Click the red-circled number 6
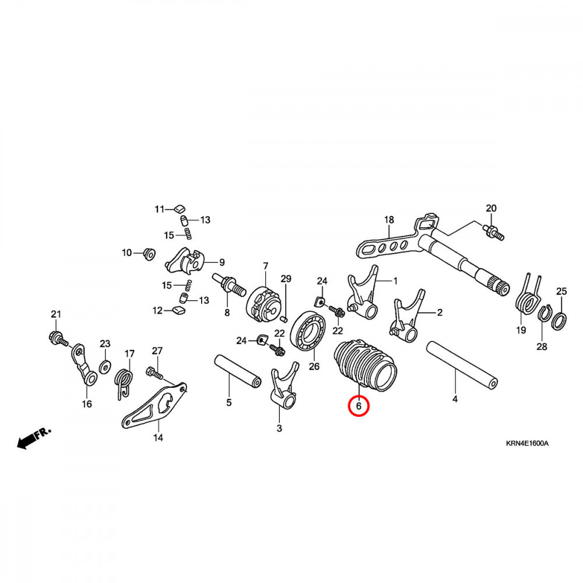point(358,405)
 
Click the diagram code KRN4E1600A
point(527,443)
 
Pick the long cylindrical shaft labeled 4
point(462,365)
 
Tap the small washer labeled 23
point(105,366)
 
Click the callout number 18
point(389,220)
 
